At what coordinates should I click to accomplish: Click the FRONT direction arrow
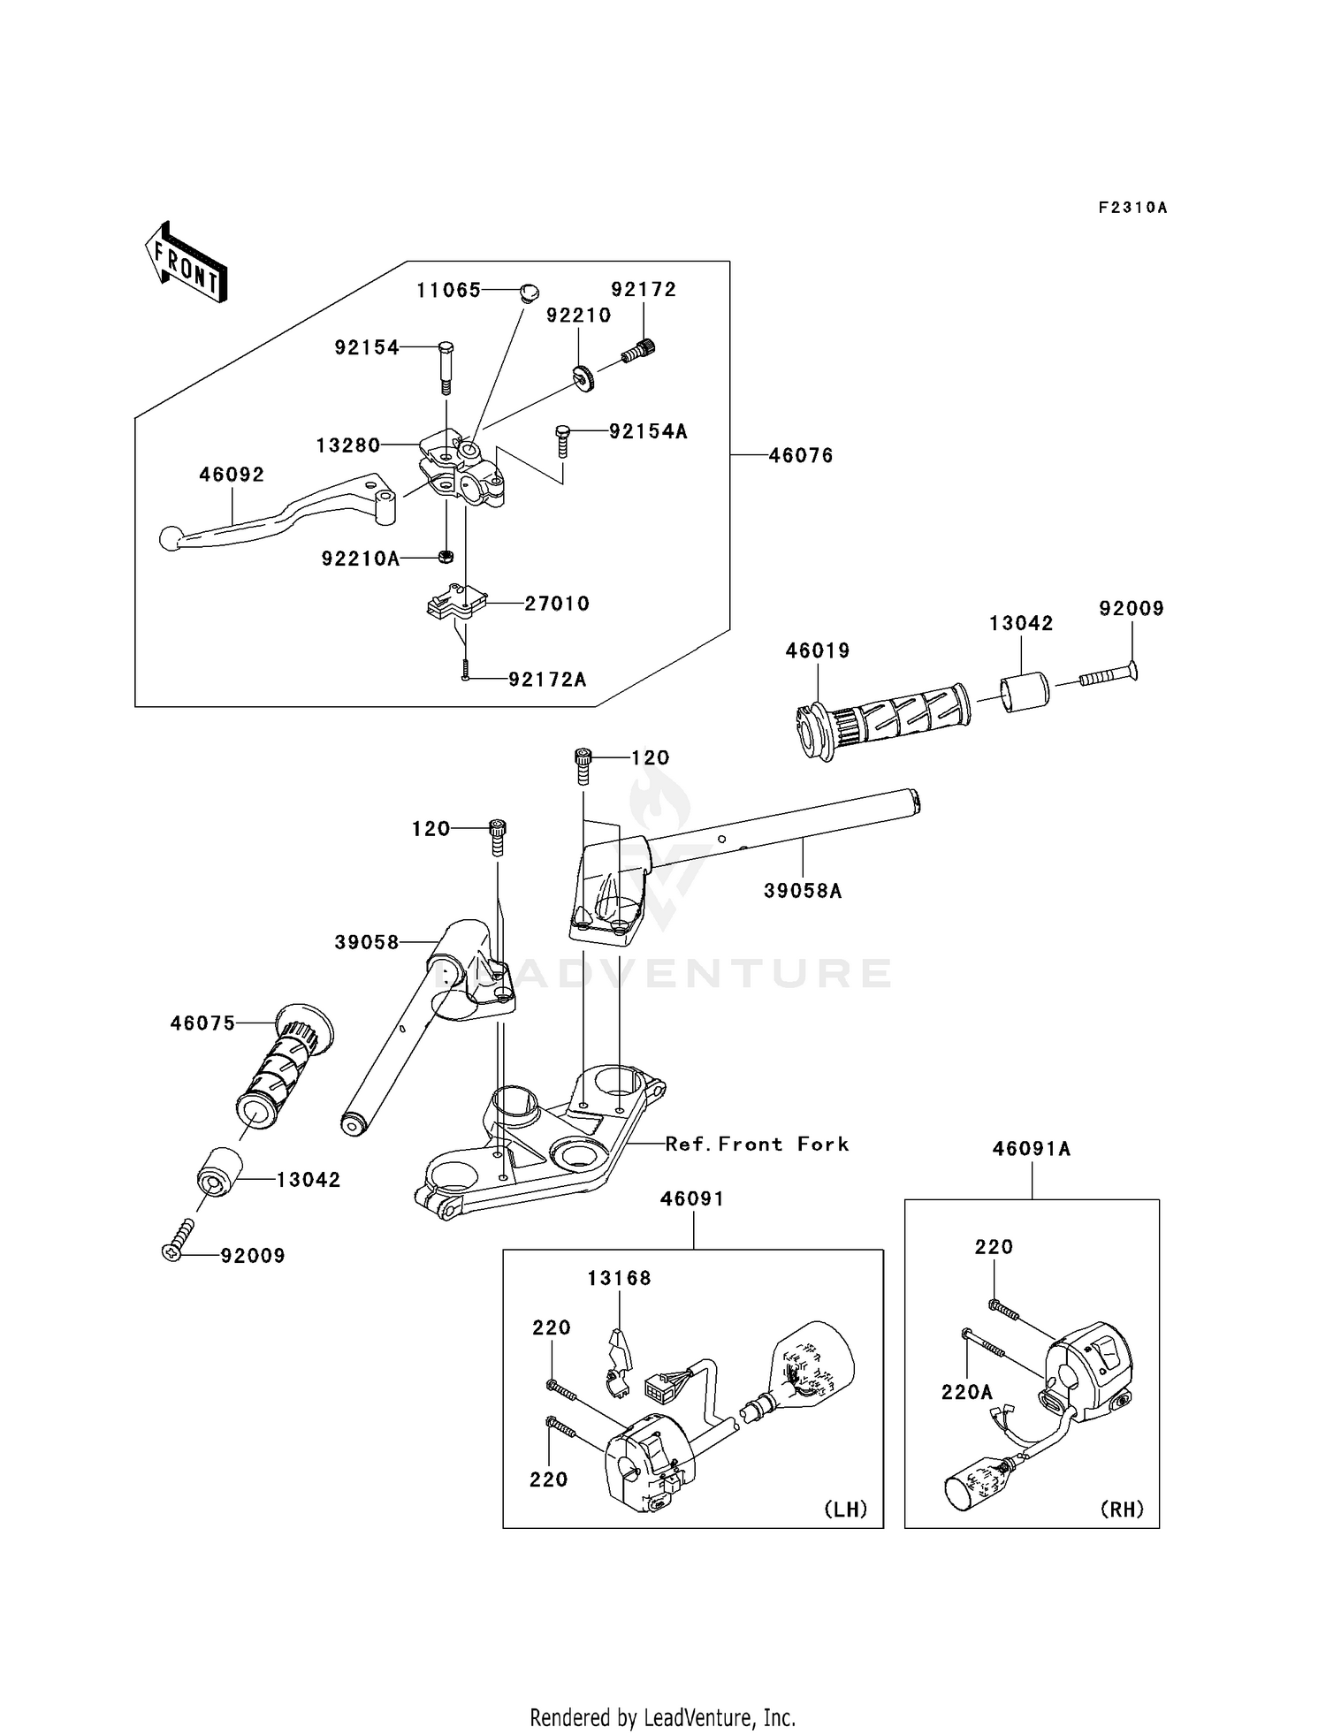click(186, 264)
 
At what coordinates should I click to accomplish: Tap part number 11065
click(448, 290)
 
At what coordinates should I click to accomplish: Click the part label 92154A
click(647, 431)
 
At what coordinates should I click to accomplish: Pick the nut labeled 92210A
click(446, 557)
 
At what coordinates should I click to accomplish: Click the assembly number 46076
click(800, 455)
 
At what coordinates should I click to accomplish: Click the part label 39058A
click(803, 891)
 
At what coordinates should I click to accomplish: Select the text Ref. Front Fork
click(757, 1144)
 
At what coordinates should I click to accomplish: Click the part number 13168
click(619, 1278)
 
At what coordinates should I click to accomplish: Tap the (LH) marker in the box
click(846, 1509)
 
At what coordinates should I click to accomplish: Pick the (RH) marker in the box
click(1122, 1509)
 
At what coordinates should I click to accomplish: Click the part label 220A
click(967, 1393)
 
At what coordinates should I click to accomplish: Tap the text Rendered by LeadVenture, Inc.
click(662, 1717)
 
